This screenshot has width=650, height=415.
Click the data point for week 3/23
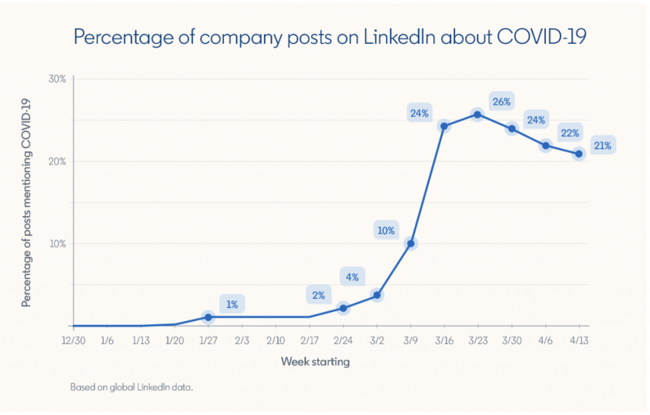coord(477,114)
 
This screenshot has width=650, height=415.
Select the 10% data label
coord(386,231)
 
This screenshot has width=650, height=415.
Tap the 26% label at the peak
coord(501,101)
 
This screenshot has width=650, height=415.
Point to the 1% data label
coord(232,304)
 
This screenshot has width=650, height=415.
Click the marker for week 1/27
coord(208,316)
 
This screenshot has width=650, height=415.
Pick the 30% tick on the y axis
coord(58,79)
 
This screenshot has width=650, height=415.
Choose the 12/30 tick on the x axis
coord(73,341)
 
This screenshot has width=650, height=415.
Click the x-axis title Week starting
coord(315,362)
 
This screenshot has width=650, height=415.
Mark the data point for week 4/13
coord(578,154)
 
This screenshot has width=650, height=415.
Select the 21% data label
coord(602,146)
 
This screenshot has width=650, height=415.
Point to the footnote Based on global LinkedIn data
coord(131,386)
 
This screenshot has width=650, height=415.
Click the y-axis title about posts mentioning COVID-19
coord(27,202)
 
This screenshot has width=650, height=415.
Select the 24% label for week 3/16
coord(420,114)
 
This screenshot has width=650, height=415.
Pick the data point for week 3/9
coord(410,243)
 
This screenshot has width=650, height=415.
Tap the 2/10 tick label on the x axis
coord(275,341)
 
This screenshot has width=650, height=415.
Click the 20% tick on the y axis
coord(58,161)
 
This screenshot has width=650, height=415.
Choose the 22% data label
coord(568,133)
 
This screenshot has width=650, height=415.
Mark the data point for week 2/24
coord(343,308)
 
